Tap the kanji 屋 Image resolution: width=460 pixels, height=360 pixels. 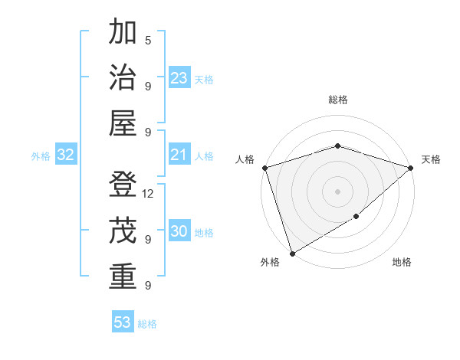click(123, 123)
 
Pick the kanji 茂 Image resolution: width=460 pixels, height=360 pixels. click(123, 231)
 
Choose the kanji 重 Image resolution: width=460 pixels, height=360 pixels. click(123, 276)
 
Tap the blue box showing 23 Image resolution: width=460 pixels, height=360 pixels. click(179, 78)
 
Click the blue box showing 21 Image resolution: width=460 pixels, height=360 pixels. click(179, 155)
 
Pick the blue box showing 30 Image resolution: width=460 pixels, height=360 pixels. click(179, 232)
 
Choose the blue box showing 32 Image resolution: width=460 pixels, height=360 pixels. click(65, 155)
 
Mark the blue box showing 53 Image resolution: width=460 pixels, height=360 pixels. click(123, 322)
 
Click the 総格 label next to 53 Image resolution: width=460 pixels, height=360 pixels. click(147, 324)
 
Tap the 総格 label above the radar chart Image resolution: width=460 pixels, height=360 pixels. click(337, 100)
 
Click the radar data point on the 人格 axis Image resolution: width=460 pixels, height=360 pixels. click(264, 168)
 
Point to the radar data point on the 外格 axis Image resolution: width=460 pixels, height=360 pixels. click(292, 253)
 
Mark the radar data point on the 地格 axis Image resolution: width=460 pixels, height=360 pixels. click(356, 218)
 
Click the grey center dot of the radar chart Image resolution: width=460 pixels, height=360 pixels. click(337, 191)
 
